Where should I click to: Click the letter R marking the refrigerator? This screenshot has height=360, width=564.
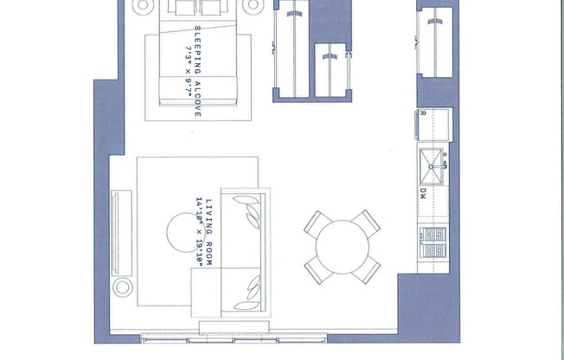click(x=422, y=114)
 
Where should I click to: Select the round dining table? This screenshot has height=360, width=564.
click(x=342, y=247)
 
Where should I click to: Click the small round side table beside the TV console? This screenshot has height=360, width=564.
click(x=123, y=286)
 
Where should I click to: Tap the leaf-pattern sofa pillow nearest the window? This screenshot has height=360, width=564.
click(x=253, y=286)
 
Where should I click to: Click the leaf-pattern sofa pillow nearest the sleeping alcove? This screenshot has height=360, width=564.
click(x=252, y=213)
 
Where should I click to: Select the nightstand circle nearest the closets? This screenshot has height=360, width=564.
click(x=253, y=5)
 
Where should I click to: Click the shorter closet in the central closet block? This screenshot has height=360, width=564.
click(x=330, y=70)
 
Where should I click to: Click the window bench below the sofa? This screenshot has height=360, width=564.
click(x=233, y=326)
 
